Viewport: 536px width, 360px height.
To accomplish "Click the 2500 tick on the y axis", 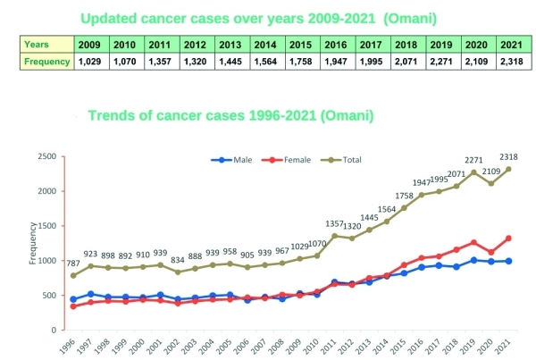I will (46, 157).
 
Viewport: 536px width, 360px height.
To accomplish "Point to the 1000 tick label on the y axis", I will (46, 261).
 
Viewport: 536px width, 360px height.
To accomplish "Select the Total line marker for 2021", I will (509, 169).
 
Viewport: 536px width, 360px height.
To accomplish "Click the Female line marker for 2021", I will (509, 239).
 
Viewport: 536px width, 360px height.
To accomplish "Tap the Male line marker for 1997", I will (90, 294).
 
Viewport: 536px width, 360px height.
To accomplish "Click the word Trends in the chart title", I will (109, 116).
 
